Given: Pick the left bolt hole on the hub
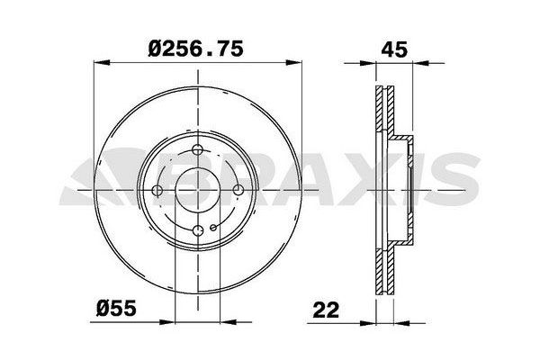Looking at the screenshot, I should pyautogui.click(x=159, y=190).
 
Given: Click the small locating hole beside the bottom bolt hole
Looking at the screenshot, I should pyautogui.click(x=212, y=230).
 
